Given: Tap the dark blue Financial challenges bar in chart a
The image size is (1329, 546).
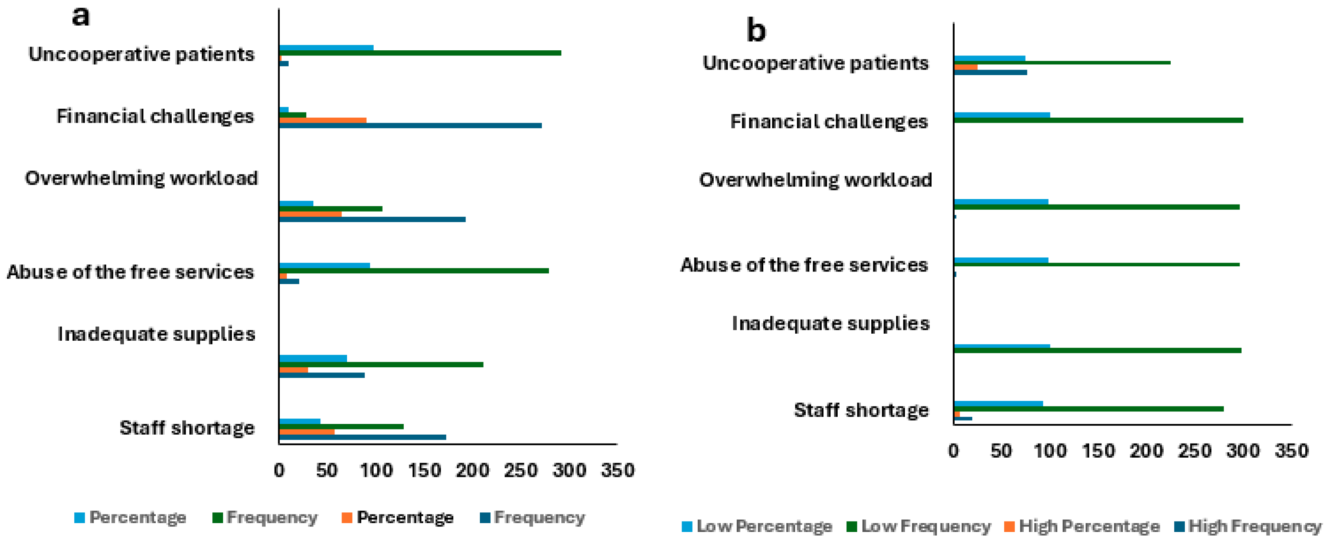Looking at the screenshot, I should tap(410, 126).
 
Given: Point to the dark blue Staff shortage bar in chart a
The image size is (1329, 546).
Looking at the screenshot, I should tap(362, 437).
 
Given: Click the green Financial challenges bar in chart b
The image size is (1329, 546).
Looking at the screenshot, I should tap(1098, 121).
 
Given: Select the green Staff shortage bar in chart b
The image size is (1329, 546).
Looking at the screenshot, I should tap(1088, 409).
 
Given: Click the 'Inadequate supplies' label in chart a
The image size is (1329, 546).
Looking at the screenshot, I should tap(157, 334).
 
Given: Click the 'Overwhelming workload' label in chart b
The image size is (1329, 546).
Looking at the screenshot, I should tap(815, 180).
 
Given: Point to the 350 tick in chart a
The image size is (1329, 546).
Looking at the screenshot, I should tap(617, 470).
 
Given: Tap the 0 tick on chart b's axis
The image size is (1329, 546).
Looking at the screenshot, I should tap(953, 451).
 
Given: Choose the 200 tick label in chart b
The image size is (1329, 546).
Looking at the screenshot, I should tap(1146, 451).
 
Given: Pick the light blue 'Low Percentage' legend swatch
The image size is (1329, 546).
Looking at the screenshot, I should tap(687, 527).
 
